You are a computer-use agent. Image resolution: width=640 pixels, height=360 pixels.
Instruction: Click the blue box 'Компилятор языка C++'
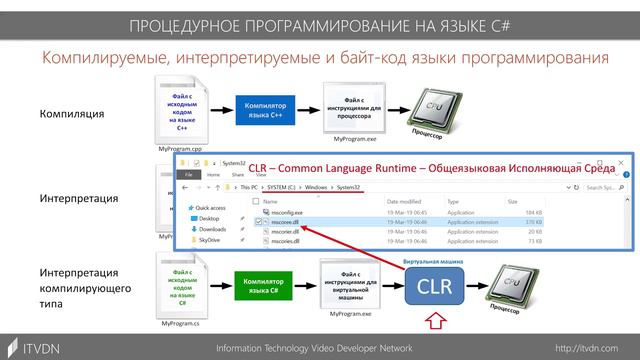pos(265,107)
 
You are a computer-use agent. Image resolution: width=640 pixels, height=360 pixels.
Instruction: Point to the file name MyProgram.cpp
pos(180,147)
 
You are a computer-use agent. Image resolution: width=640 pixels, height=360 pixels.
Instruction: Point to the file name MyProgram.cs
pos(181,324)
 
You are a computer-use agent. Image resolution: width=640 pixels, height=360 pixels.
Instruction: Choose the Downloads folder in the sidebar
pos(212,230)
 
